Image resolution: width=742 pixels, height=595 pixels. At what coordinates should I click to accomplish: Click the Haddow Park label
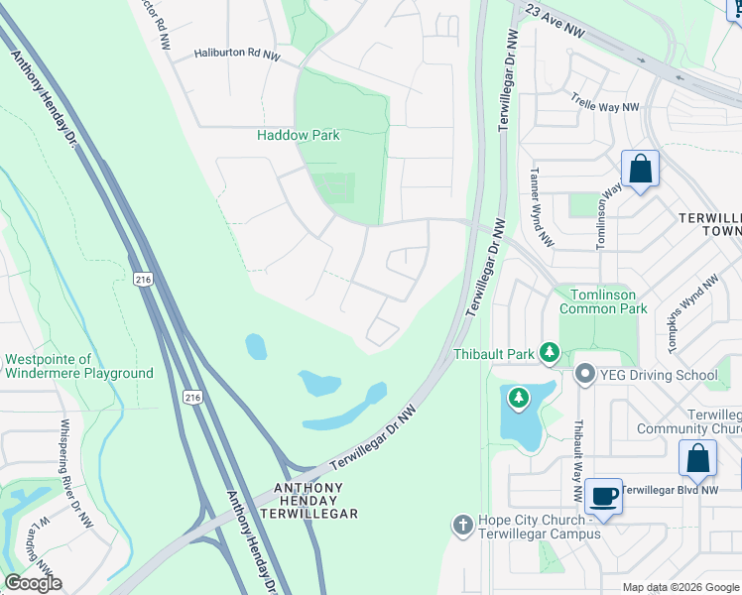click(x=298, y=135)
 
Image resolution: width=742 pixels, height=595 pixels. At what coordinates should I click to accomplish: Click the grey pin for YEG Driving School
click(x=584, y=375)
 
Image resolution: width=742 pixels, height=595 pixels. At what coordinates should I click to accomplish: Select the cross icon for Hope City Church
click(x=461, y=525)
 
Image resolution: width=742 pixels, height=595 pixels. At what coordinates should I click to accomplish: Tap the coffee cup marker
click(x=603, y=495)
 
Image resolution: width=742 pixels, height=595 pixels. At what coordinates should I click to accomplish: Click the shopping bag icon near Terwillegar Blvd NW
click(x=697, y=459)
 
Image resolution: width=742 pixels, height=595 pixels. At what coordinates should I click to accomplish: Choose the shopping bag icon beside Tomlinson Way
click(x=641, y=170)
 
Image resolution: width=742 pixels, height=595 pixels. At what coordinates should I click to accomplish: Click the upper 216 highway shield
click(x=143, y=281)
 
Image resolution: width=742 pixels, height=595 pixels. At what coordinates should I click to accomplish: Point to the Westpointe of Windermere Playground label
click(x=79, y=367)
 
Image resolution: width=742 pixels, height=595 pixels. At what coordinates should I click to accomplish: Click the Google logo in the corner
click(x=33, y=583)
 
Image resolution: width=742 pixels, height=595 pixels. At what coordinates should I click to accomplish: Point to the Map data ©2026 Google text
click(x=680, y=587)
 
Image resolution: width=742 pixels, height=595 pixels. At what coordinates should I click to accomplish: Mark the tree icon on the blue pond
click(x=518, y=398)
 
